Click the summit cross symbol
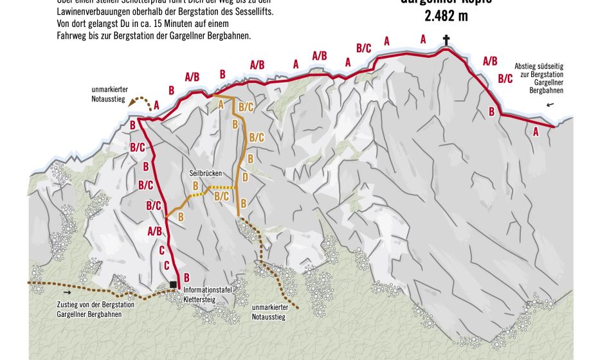(x=446, y=41)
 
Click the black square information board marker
(x=173, y=285)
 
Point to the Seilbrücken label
(x=205, y=174)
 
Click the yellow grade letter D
(x=244, y=178)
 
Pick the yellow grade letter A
(x=221, y=104)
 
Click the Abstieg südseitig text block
(x=538, y=78)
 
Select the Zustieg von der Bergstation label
(x=95, y=309)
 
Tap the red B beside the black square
(x=186, y=277)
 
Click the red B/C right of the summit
(x=505, y=79)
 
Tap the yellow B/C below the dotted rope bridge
(x=221, y=195)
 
